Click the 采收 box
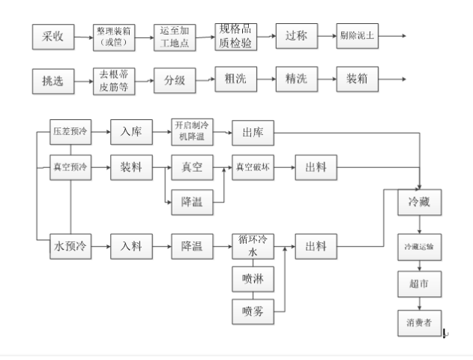tap(53, 36)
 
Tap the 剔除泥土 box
tap(357, 36)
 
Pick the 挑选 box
tap(53, 79)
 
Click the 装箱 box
tap(357, 79)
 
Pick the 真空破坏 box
tap(252, 166)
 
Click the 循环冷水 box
tap(252, 247)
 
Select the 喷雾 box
tap(252, 309)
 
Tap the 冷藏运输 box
tap(418, 246)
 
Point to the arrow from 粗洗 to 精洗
tap(265, 79)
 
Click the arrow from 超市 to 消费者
tap(418, 303)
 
